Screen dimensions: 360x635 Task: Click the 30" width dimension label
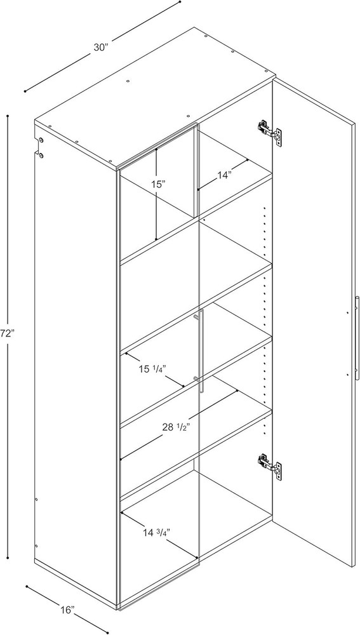point(101,48)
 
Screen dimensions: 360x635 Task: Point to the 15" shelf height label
point(159,185)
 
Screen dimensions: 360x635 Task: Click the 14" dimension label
point(223,175)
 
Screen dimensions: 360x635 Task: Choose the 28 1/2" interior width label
point(175,427)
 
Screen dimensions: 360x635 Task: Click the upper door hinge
point(270,131)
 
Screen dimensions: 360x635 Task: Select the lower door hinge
point(270,467)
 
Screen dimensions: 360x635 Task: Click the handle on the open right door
point(357,338)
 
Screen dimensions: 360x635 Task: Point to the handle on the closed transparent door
point(200,351)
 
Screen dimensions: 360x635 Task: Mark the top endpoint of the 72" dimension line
point(8,116)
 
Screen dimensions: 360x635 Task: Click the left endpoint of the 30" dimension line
point(25,91)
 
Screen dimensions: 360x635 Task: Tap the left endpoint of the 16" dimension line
point(27,586)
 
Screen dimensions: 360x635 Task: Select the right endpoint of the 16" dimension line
point(107,632)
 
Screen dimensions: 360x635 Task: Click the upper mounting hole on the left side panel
point(41,140)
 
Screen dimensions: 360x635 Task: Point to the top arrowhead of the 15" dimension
point(156,150)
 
